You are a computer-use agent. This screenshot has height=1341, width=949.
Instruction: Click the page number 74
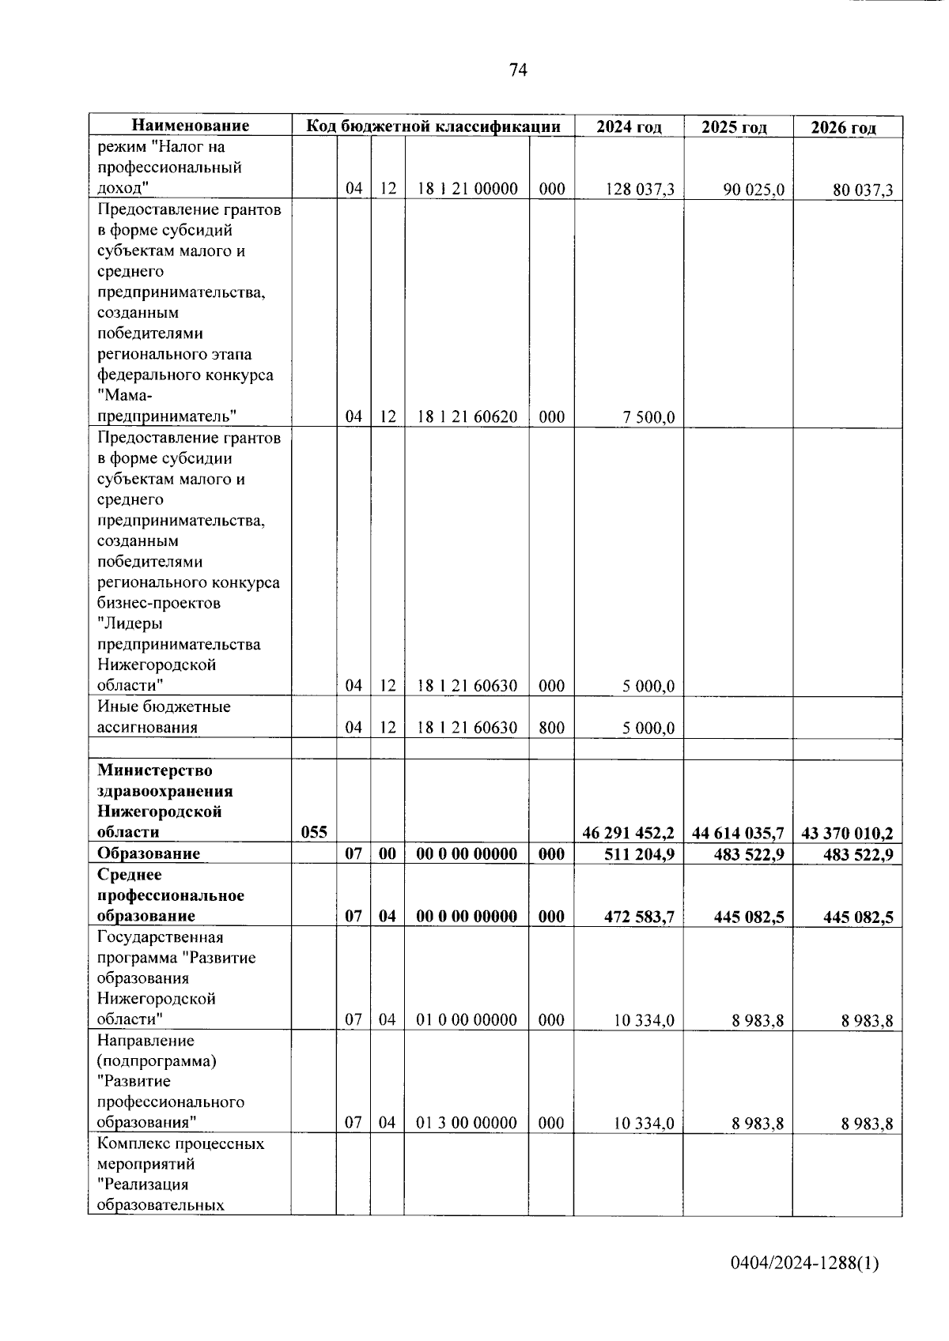[x=518, y=70]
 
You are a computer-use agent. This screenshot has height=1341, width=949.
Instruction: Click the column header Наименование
[x=190, y=126]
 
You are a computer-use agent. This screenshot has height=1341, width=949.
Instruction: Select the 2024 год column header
[x=629, y=126]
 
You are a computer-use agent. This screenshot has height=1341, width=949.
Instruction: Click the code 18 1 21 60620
[x=467, y=417]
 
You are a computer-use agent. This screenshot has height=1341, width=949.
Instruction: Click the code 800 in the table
[x=551, y=728]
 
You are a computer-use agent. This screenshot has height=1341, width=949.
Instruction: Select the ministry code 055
[x=314, y=832]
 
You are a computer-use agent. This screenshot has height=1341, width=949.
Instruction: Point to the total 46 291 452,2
[x=628, y=833]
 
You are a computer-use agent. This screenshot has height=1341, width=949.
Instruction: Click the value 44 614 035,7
[x=737, y=833]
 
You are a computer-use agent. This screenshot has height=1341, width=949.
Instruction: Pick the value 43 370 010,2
[x=847, y=833]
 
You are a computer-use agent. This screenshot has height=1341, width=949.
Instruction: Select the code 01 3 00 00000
[x=467, y=1123]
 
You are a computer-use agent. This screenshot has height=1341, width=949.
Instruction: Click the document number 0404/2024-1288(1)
[x=804, y=1263]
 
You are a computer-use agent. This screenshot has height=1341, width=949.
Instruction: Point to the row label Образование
[x=149, y=853]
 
